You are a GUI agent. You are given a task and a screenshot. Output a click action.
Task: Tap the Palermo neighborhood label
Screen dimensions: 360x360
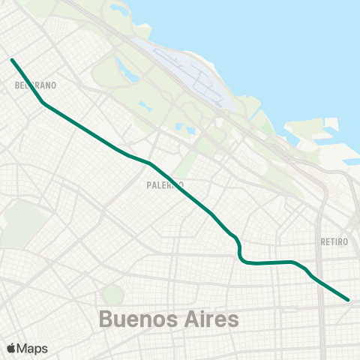coord(166,184)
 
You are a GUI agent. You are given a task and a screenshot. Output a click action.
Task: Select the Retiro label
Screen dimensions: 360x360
coord(334,241)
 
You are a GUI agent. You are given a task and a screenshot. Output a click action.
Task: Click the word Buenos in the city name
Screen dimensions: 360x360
coord(136,319)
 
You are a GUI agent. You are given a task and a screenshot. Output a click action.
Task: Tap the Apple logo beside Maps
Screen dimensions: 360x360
coord(11,349)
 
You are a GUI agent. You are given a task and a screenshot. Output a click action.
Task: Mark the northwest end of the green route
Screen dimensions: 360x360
coord(12,59)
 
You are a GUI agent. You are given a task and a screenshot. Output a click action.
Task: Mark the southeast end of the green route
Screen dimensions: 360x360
coord(349,299)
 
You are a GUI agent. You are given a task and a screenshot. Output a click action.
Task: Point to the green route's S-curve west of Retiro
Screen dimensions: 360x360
coord(240,252)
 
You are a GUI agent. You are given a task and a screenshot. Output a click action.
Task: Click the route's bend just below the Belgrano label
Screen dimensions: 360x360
coord(44,103)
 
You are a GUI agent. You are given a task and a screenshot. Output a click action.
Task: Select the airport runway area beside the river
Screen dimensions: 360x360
coord(196,75)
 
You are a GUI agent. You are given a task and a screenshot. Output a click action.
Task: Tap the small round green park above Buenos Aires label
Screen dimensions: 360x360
coord(112,295)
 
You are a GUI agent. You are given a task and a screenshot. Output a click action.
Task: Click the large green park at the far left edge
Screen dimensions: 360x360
coord(21,222)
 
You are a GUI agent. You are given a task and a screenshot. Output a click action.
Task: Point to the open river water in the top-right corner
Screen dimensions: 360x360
coord(300,45)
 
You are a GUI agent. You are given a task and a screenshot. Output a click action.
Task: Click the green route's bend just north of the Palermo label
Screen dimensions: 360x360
coord(150,163)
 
